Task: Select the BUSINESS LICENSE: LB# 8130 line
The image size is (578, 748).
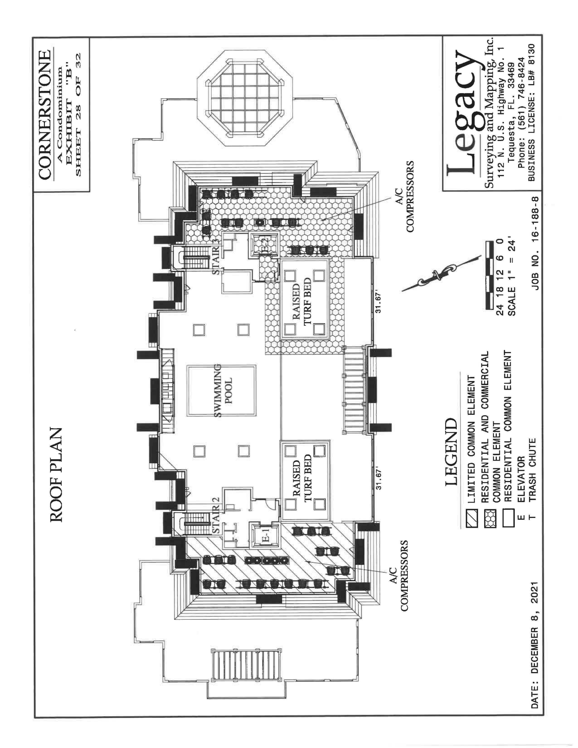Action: [532, 112]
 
